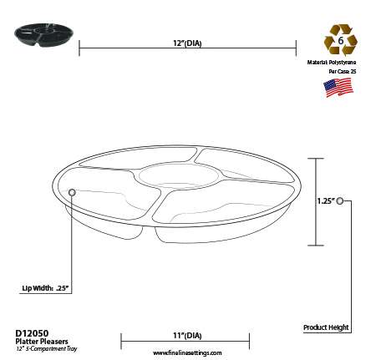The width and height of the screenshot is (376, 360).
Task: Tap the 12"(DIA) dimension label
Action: click(187, 41)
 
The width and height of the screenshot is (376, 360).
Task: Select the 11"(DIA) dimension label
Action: click(185, 334)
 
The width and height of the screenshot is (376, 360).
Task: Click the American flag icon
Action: click(338, 89)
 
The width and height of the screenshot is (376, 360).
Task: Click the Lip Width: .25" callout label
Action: click(44, 288)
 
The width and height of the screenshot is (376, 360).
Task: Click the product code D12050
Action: click(31, 332)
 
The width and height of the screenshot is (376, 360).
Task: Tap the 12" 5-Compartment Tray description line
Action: click(46, 347)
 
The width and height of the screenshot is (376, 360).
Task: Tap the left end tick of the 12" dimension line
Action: click(79, 49)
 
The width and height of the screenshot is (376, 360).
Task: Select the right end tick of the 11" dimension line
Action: click(250, 342)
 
